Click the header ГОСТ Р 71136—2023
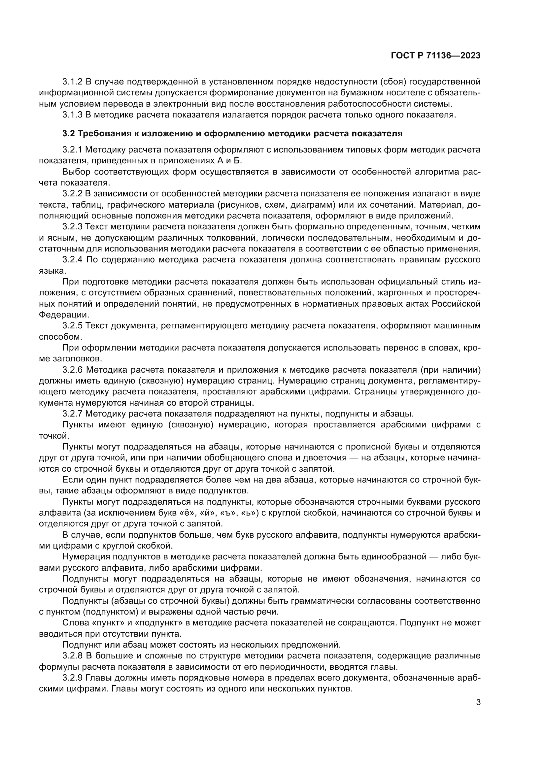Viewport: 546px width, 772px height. [x=436, y=56]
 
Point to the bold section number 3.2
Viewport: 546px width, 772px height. [x=69, y=133]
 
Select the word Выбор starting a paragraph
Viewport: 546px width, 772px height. [x=76, y=172]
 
